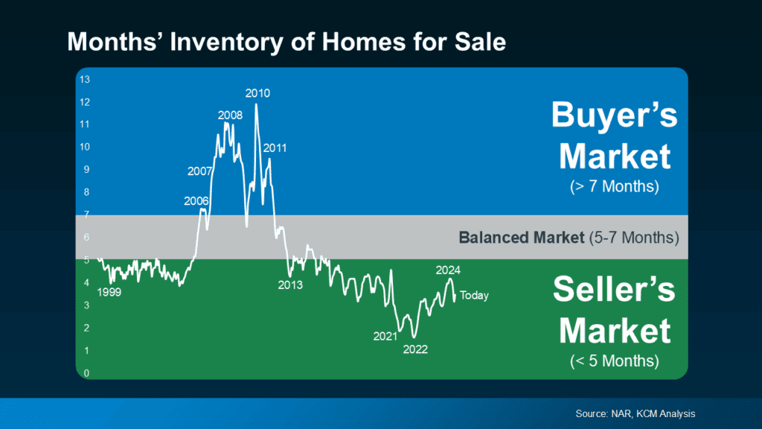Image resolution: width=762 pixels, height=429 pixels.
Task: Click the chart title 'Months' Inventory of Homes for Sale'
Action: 286,41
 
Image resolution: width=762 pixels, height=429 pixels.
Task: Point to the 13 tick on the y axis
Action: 85,79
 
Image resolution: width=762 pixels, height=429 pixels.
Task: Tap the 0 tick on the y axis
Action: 86,373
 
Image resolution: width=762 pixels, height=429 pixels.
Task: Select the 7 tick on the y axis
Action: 86,214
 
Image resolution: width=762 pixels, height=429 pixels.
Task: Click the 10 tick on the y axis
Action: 85,147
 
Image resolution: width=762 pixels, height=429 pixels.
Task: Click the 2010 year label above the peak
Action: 257,93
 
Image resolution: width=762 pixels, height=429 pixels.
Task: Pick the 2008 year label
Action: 230,115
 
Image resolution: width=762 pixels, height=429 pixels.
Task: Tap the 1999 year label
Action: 109,293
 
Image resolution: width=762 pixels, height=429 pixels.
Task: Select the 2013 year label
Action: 290,285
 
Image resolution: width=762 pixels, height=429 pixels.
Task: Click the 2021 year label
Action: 385,336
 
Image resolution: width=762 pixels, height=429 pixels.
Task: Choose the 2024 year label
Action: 449,270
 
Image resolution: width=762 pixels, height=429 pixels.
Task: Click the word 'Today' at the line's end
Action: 474,296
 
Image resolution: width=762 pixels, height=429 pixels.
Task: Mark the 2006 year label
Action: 196,201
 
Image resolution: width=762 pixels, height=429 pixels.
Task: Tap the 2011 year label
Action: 275,148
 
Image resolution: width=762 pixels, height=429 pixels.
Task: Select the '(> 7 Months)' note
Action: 615,186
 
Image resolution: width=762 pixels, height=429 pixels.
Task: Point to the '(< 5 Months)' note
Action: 615,361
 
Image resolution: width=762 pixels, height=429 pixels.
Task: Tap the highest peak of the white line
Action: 257,105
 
